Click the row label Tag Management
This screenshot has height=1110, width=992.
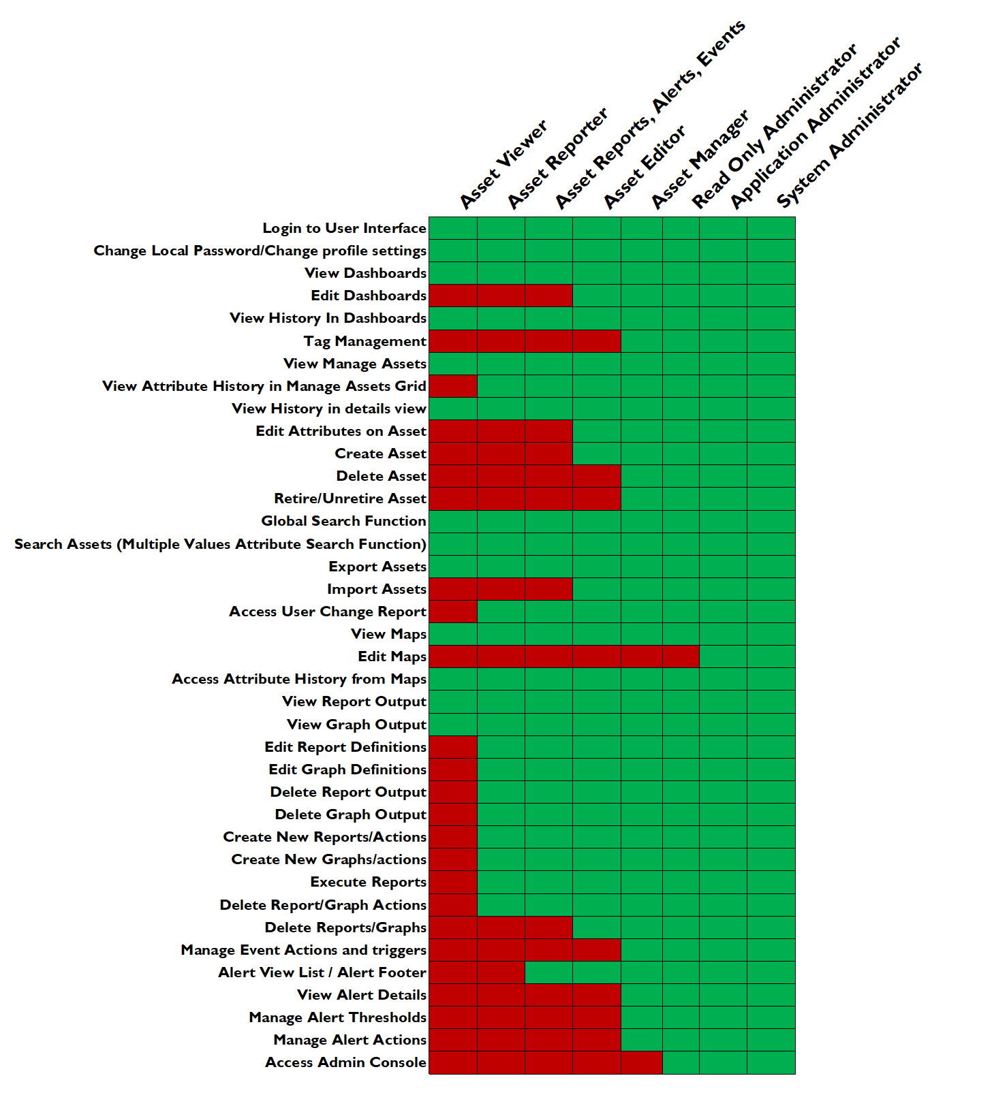tap(365, 341)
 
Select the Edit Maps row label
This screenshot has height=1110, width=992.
tap(392, 656)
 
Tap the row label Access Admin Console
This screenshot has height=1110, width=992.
tap(345, 1062)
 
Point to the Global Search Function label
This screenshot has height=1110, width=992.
tap(343, 521)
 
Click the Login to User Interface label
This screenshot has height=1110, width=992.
tap(344, 228)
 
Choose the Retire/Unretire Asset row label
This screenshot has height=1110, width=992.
tap(350, 498)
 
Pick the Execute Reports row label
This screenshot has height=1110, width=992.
tap(368, 882)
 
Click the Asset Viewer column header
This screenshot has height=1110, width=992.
tap(503, 164)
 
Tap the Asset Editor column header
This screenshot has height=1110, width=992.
tap(645, 167)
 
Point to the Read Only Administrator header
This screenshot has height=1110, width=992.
tap(774, 127)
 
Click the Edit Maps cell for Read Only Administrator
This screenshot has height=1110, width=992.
tap(681, 656)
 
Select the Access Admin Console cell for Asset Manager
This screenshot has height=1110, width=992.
tap(641, 1062)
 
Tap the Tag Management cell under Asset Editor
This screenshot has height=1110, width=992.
tap(596, 341)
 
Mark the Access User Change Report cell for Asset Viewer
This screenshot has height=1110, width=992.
tap(453, 612)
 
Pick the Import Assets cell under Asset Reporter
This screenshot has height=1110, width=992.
tap(501, 589)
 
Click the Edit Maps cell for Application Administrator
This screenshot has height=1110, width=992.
tap(723, 656)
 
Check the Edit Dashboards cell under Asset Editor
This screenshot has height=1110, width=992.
tap(596, 296)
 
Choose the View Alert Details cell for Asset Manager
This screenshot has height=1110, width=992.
tap(641, 995)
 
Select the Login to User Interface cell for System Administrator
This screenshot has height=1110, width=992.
tap(771, 228)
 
